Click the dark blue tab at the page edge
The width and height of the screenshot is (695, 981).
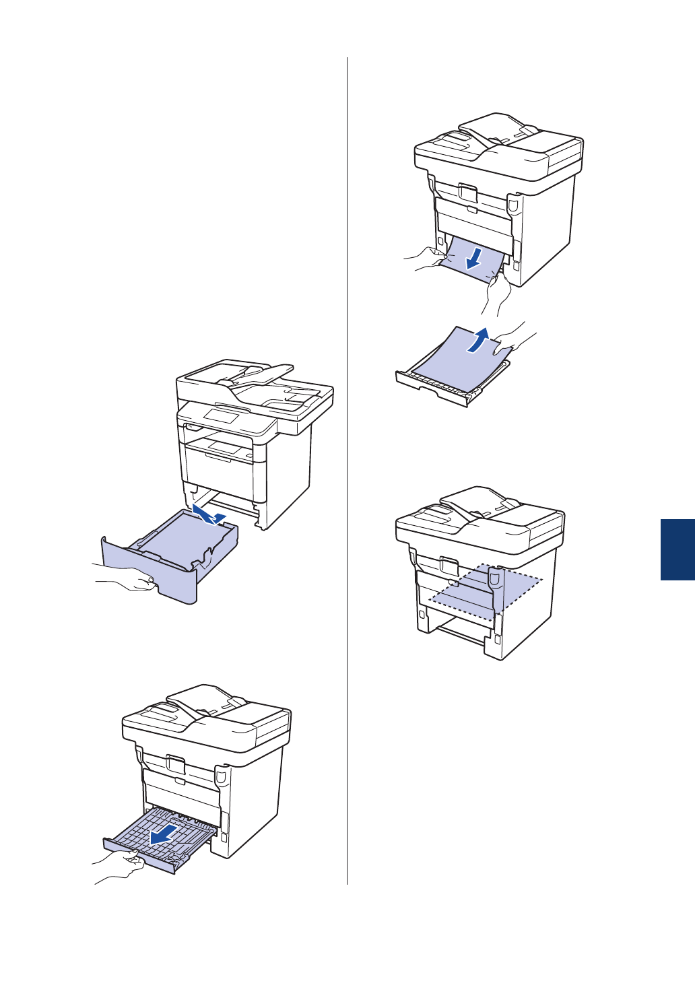pos(677,549)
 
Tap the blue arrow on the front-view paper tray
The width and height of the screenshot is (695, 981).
pos(205,515)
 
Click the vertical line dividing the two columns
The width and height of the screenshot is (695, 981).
pos(347,471)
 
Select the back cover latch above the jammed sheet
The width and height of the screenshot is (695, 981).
pos(467,193)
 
